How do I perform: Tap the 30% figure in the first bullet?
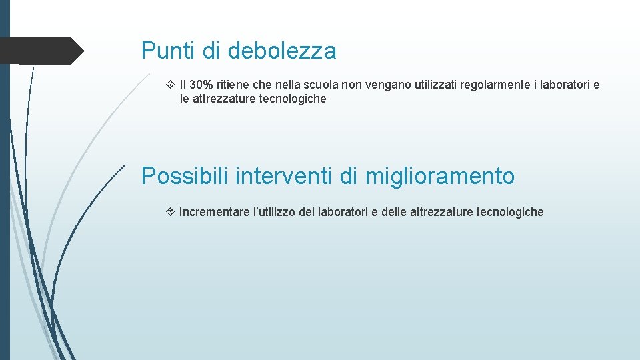[201, 85]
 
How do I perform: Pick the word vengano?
[387, 85]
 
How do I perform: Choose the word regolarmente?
[505, 85]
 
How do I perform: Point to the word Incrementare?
[214, 212]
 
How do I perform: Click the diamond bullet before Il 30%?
[170, 85]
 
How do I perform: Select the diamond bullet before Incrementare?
[170, 212]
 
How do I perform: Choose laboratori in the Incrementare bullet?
[343, 212]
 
